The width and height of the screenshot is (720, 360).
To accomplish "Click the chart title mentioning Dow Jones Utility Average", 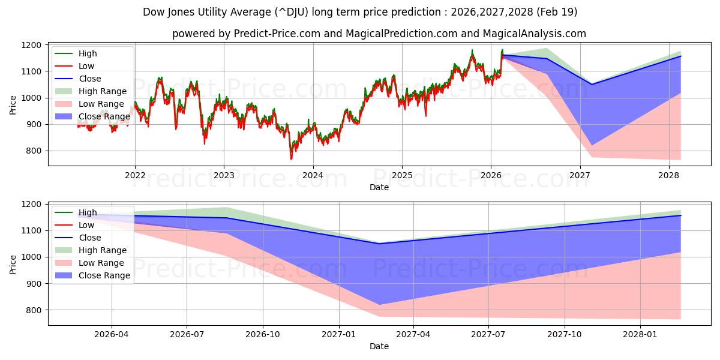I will [x=360, y=12].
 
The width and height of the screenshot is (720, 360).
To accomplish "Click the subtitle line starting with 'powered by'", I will [x=379, y=34].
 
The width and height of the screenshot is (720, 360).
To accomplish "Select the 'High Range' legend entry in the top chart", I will [x=103, y=91].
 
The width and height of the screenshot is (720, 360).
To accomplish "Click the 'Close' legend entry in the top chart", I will [x=89, y=79].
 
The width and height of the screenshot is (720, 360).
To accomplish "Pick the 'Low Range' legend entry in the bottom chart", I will [x=101, y=263].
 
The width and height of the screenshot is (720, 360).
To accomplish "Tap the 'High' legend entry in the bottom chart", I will [x=87, y=212].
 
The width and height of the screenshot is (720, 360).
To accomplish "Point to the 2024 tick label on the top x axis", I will [x=313, y=175].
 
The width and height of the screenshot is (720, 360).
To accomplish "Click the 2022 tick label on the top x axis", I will [x=135, y=175].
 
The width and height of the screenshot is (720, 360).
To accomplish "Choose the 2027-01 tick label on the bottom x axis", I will [x=339, y=334].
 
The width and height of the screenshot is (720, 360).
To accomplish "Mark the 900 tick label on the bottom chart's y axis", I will [x=35, y=284].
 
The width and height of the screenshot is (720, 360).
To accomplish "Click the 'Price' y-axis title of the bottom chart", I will [x=13, y=263].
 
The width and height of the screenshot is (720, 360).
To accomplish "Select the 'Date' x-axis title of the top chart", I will [x=379, y=187].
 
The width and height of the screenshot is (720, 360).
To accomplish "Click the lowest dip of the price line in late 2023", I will [x=291, y=159].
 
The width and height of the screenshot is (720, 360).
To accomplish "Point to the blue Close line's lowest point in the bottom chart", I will [x=379, y=244].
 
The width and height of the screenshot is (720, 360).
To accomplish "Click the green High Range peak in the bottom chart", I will [x=226, y=208].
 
